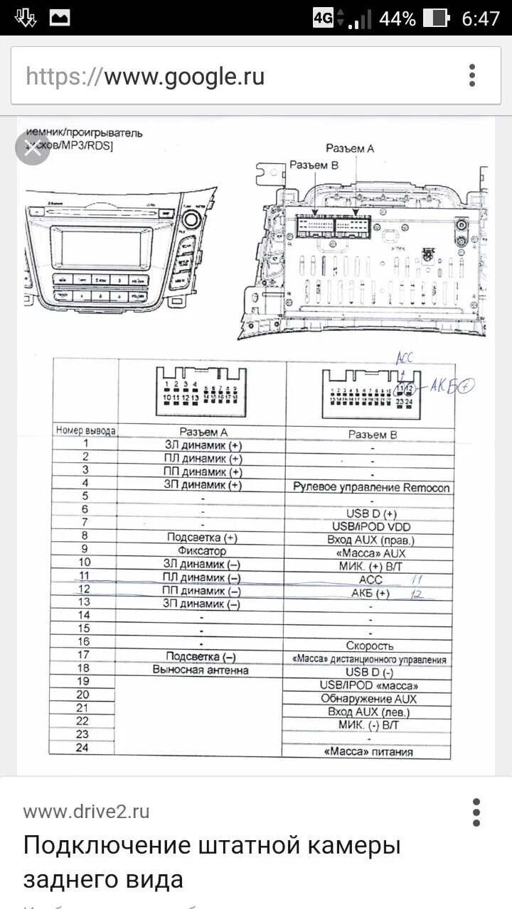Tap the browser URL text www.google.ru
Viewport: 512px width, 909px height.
(x=145, y=76)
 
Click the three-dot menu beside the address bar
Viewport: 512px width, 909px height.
(x=472, y=75)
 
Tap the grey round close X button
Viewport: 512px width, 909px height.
(x=33, y=147)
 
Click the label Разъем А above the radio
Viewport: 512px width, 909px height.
(x=350, y=148)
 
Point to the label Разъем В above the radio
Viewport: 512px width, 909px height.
(x=314, y=165)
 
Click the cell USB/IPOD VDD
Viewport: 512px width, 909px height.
(x=371, y=526)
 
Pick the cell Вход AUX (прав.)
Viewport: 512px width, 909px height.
(x=371, y=540)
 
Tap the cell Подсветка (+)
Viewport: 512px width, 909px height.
(x=202, y=538)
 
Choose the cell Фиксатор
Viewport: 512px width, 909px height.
(x=202, y=550)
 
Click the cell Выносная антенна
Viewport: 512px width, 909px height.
(x=201, y=670)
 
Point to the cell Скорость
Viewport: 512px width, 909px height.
(x=370, y=646)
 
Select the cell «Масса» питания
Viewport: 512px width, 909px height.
(x=368, y=752)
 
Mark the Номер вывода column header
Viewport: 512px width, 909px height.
(x=85, y=430)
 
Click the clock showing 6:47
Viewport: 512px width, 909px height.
(x=481, y=18)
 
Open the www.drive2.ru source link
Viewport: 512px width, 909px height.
(x=86, y=812)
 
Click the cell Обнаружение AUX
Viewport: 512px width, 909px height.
(x=370, y=699)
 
